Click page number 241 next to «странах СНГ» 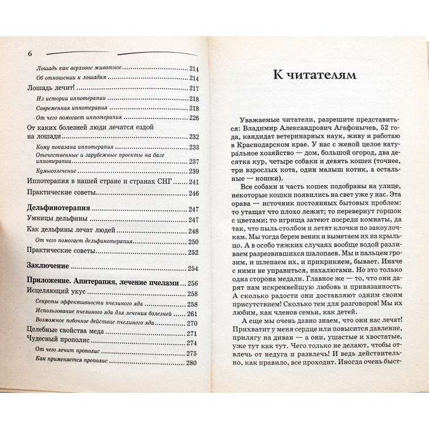(194, 182)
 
